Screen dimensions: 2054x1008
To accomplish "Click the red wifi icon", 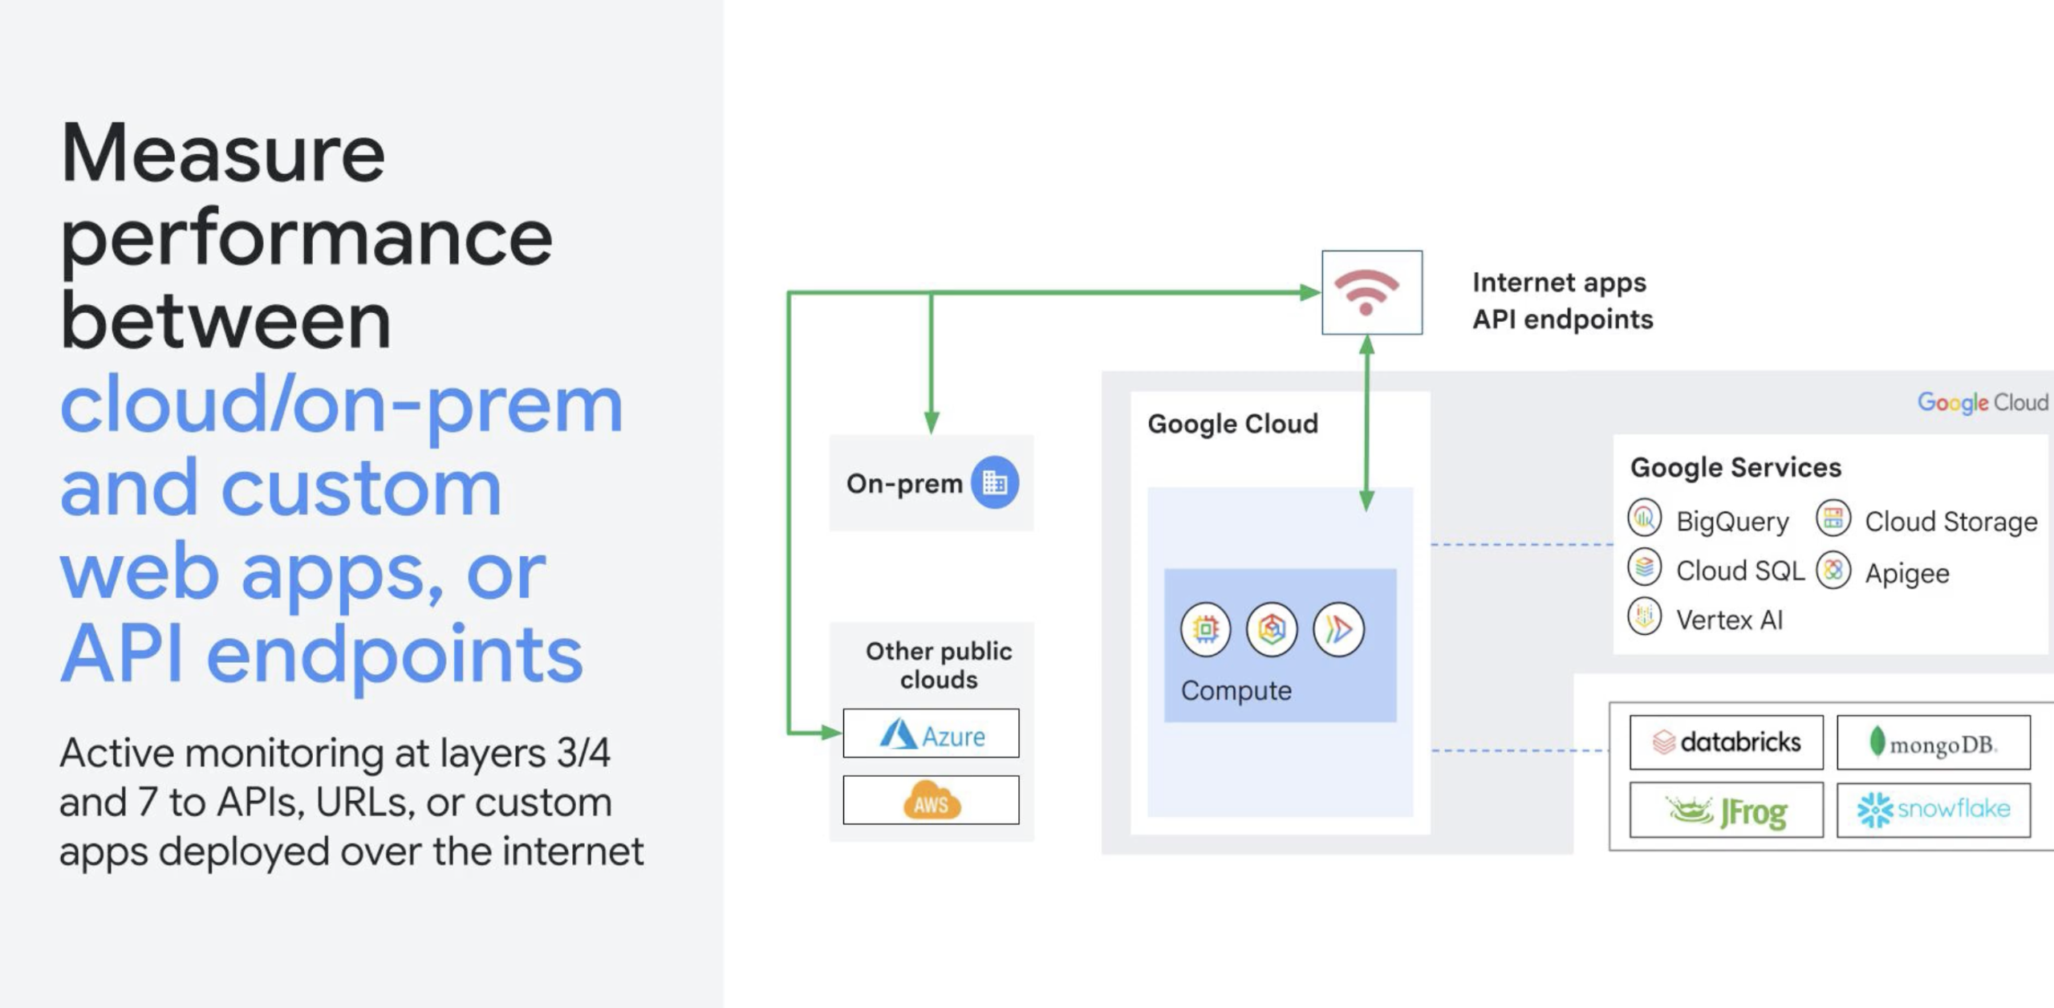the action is click(1366, 291).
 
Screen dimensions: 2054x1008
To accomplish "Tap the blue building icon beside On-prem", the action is click(995, 482).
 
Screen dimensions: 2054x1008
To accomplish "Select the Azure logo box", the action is click(931, 733).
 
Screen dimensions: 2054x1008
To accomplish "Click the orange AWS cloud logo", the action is click(932, 799).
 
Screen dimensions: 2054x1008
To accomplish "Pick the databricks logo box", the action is click(1727, 742).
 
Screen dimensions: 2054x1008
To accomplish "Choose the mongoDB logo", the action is click(1934, 742).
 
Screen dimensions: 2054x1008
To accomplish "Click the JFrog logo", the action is click(1727, 811).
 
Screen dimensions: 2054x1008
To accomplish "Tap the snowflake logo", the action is click(1934, 810).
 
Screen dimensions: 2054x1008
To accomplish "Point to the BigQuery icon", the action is click(1645, 518).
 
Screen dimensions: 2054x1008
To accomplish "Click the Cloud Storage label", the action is click(1951, 522).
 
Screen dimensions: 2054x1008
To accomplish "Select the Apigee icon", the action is click(1833, 571).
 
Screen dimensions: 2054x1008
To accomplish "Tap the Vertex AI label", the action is click(1729, 620).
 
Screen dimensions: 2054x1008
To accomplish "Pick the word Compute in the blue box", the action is click(1236, 691).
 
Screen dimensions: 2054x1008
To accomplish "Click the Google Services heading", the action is click(1735, 467).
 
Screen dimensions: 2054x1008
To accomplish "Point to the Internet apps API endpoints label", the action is click(1562, 301).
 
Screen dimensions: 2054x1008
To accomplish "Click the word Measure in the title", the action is click(223, 152).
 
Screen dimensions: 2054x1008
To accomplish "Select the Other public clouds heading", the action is click(939, 665).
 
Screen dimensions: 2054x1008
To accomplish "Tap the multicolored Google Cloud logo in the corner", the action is click(1983, 402).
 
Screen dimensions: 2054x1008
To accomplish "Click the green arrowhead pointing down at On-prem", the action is click(932, 422).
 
